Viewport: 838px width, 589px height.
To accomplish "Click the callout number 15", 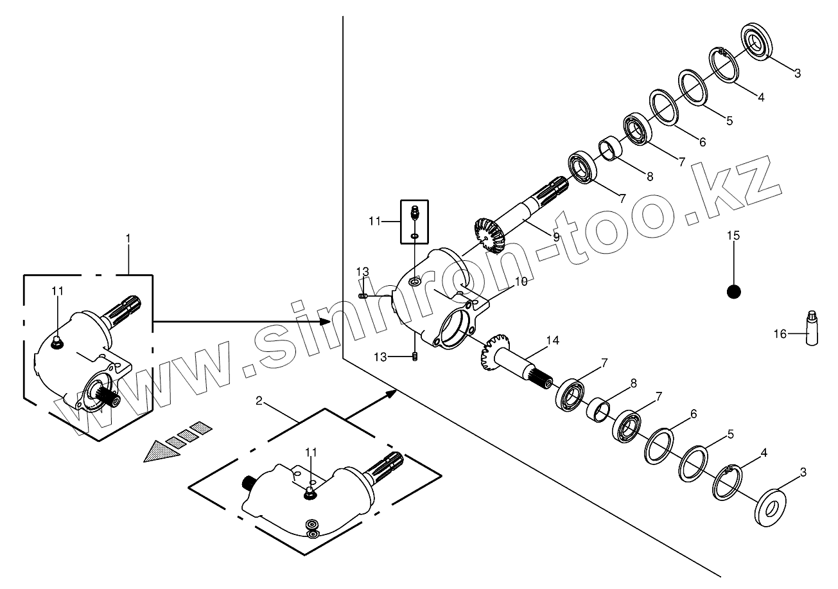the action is [x=733, y=236].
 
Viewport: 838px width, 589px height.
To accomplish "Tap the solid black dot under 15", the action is [x=733, y=292].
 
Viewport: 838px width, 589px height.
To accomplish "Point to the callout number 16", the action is [x=780, y=333].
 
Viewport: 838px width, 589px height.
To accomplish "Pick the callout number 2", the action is [x=259, y=401].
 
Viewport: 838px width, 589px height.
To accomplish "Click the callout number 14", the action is [x=553, y=340].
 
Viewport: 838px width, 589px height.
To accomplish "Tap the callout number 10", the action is [x=520, y=281].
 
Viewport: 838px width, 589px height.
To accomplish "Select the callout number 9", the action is [x=556, y=236].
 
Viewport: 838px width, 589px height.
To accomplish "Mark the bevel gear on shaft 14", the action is [x=493, y=353].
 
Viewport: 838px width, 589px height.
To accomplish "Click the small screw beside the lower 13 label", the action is [x=415, y=357].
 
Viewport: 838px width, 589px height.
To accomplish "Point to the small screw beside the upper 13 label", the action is [x=363, y=295].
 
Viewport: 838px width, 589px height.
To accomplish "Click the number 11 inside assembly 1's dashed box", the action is [x=58, y=291].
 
